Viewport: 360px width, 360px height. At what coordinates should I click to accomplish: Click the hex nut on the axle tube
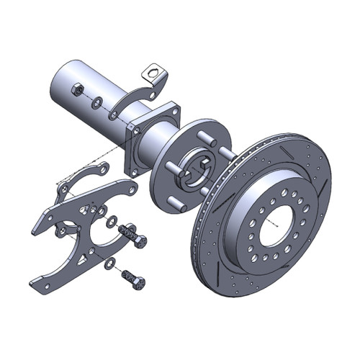click(x=74, y=90)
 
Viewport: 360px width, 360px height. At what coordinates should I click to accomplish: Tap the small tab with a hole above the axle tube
click(x=153, y=73)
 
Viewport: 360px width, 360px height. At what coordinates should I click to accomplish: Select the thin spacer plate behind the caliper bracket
click(x=72, y=184)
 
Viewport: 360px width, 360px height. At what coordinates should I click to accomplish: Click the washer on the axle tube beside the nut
click(x=96, y=102)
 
